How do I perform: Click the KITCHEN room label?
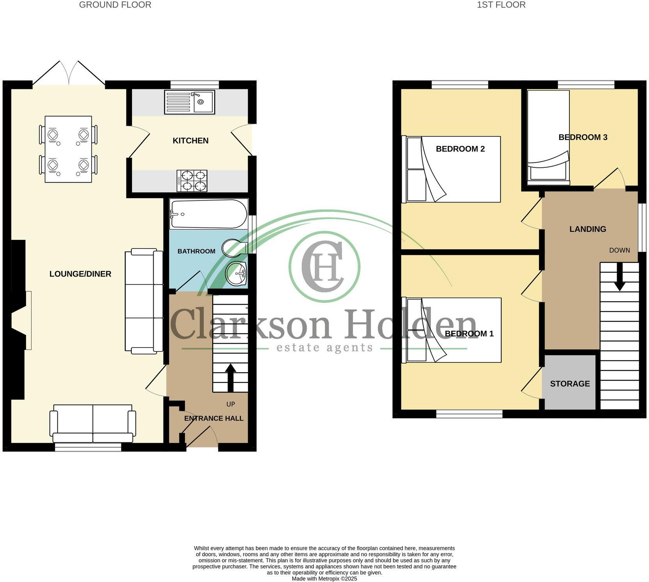coord(190,141)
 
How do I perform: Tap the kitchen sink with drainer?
coord(190,102)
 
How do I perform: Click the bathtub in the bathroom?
coord(209,214)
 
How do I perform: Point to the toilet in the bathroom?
coord(234,248)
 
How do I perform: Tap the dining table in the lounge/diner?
coord(68,149)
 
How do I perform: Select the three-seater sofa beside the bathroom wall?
coord(144,302)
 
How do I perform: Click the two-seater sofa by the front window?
coord(93,423)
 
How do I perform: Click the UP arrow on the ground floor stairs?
coord(230,377)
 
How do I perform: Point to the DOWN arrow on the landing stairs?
coord(619,280)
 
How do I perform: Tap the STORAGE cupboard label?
coord(570,384)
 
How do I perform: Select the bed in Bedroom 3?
coord(548,137)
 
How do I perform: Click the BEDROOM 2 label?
coord(460,149)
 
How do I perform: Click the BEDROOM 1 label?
coord(469,334)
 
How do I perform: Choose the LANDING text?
coord(587,229)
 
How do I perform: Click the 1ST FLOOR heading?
coord(501,5)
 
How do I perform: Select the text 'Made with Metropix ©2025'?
coord(324,579)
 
